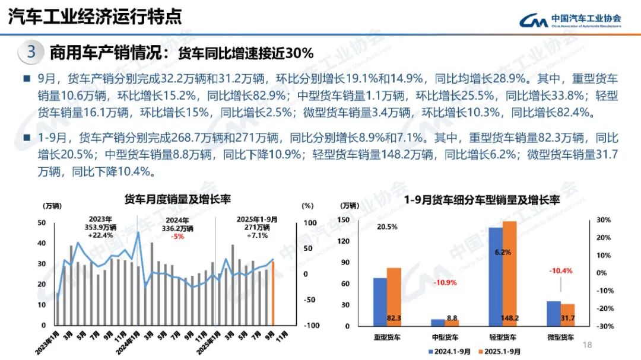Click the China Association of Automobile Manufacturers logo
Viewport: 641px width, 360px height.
pos(570,20)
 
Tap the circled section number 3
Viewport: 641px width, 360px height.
pos(31,52)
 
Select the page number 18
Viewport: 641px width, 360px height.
pos(588,345)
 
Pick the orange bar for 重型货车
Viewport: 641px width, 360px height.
pos(394,297)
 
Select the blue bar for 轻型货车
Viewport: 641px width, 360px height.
pos(495,276)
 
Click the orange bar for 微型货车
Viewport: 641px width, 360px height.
pos(568,315)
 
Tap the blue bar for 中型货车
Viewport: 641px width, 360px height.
pos(437,323)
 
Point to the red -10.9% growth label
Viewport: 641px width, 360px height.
pos(444,282)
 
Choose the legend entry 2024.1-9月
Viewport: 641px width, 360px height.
pos(449,351)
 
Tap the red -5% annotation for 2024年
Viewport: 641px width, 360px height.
pos(177,235)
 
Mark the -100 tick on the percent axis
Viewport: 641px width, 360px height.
pos(311,326)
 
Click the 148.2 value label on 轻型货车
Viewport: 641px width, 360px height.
pos(509,318)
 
